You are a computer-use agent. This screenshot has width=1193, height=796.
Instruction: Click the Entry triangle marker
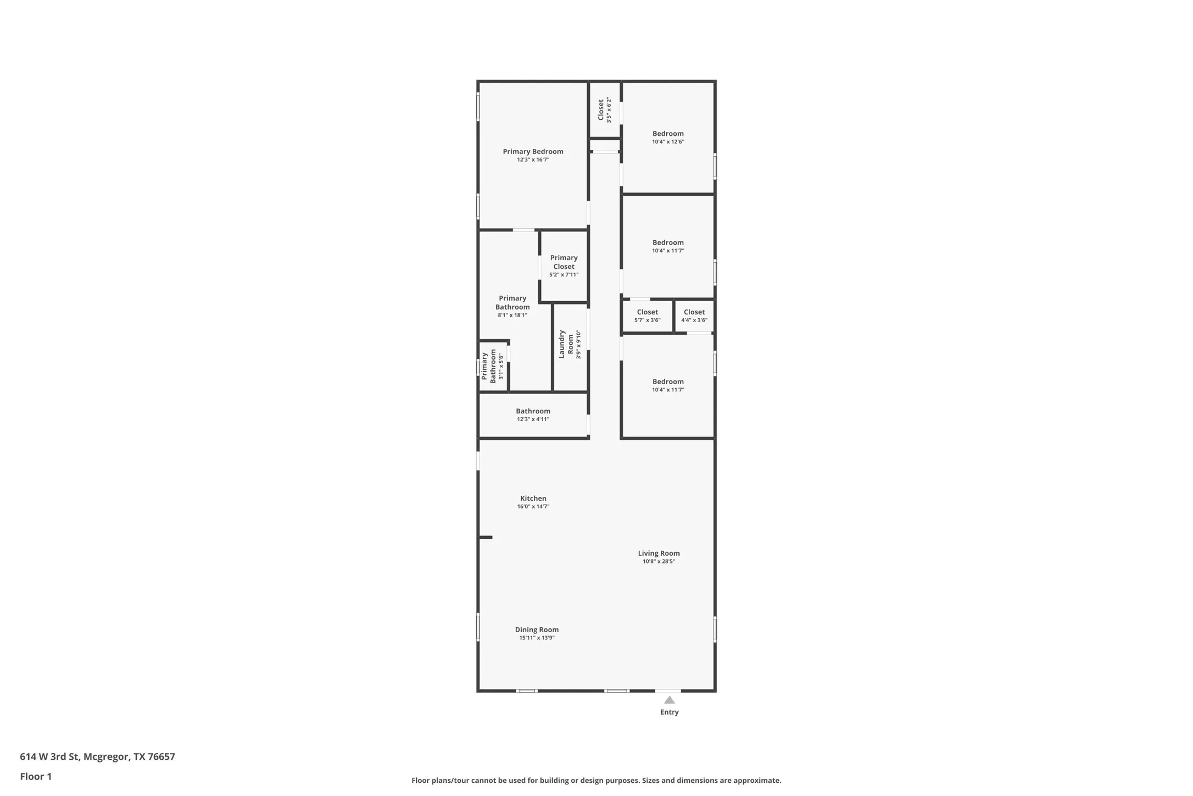tap(669, 700)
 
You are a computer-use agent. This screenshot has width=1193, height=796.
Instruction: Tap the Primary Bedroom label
tap(533, 152)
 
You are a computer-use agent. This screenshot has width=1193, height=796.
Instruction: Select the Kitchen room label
tap(533, 499)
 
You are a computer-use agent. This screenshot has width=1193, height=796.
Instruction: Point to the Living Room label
tap(659, 554)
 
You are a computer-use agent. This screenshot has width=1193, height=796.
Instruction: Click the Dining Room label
tap(537, 630)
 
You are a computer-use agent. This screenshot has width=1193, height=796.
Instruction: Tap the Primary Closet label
tap(564, 262)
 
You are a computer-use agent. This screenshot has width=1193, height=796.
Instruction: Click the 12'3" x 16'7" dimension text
tap(533, 160)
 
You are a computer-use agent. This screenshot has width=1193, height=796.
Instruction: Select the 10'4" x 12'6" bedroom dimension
tap(668, 142)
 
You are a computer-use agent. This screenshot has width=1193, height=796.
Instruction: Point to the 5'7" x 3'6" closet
tap(647, 316)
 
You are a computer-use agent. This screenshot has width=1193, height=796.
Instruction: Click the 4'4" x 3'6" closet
tap(694, 316)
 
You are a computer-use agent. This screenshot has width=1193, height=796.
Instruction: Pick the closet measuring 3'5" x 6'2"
tap(604, 110)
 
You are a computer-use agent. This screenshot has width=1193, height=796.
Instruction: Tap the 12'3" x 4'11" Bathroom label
tap(533, 414)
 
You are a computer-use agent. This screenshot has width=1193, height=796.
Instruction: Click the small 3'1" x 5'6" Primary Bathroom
tap(492, 366)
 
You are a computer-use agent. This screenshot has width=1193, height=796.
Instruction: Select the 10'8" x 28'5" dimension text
tap(659, 562)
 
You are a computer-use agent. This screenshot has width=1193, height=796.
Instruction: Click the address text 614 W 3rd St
tap(97, 756)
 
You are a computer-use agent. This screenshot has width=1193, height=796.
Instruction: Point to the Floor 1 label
tap(36, 777)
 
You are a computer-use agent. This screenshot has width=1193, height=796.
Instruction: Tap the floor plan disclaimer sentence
tap(596, 781)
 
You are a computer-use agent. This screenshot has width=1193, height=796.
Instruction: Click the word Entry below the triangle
tap(669, 712)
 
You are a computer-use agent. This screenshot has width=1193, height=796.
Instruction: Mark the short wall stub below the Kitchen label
tap(486, 537)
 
